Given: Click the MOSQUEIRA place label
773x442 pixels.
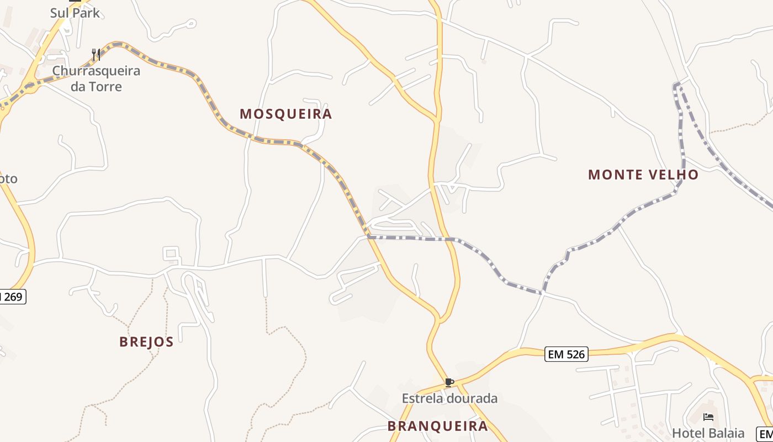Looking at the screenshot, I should coord(285,114).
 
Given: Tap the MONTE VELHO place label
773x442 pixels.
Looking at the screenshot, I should coord(643,175).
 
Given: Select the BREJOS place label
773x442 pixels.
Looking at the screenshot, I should coord(146,341).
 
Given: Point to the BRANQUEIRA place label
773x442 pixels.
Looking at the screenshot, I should coord(437,426).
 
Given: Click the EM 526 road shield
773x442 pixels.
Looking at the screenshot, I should coord(566,354).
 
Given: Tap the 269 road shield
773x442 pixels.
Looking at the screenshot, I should coord(12,297).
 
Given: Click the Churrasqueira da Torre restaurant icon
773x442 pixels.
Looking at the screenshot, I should coord(96,54).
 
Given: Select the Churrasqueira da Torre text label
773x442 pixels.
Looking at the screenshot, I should coord(96,78).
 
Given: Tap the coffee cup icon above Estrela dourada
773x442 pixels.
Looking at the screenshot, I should coord(449,382).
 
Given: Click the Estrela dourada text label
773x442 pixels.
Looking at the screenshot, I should coord(449,398).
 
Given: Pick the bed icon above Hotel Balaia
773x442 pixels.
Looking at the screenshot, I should coord(708,417).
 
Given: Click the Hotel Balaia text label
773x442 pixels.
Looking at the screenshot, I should coord(708,433).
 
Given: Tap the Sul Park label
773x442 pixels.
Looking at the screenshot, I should coord(75,13).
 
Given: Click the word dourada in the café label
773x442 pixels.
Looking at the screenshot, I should coord(473,398).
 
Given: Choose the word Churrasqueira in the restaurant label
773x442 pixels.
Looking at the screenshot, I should coord(96,71).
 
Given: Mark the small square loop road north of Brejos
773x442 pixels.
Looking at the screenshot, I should coord(171,254).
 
